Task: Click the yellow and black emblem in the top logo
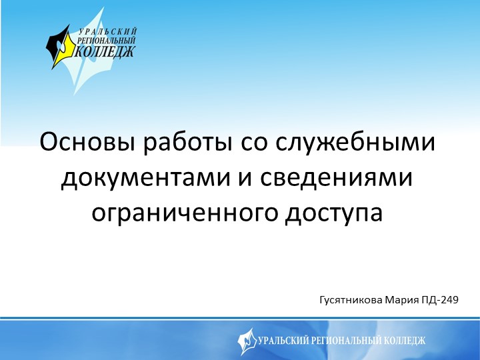point(61,47)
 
